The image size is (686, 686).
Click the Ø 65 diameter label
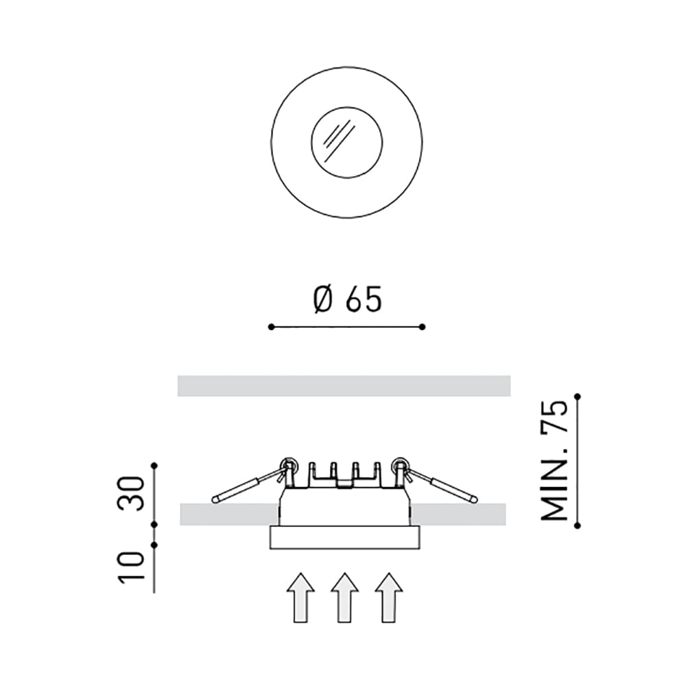coord(347,300)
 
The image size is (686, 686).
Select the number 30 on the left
coord(130,493)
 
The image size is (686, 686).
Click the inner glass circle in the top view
coord(311,143)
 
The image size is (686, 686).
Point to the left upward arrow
coord(300,598)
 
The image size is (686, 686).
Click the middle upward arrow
coord(345,598)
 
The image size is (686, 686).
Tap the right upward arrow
coord(388,598)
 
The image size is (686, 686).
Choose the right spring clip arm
coord(442,484)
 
